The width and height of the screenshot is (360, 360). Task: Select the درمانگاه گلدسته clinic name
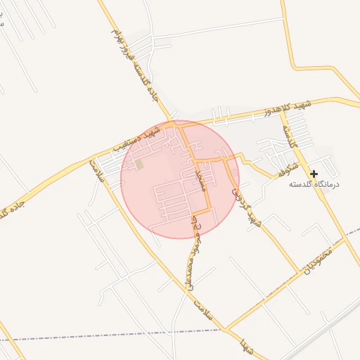(314, 184)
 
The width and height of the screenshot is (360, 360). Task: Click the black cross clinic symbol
(314, 173)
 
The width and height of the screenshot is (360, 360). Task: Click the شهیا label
(246, 346)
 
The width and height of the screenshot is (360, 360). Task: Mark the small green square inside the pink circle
(139, 165)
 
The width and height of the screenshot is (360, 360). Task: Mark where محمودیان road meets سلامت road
(226, 329)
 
